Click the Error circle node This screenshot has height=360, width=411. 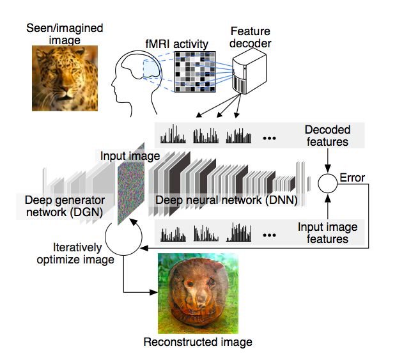(x=327, y=183)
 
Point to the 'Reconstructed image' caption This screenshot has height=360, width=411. (x=198, y=342)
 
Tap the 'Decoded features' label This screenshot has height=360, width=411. (x=327, y=136)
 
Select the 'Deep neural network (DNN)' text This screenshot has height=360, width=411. (x=227, y=200)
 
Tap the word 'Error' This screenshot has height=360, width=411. (x=352, y=177)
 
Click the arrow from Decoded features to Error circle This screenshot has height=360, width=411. (x=327, y=160)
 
